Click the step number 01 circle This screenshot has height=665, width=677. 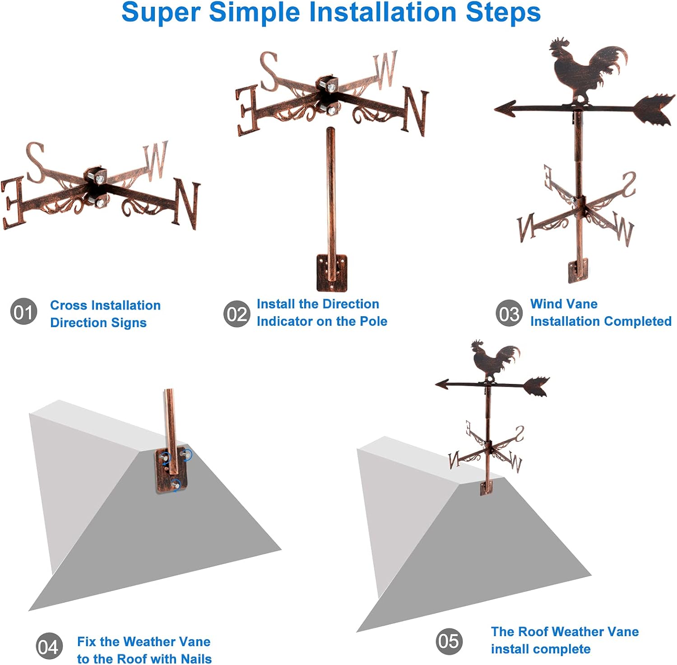23,311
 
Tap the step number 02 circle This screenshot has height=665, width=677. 236,314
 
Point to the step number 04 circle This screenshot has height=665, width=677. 49,646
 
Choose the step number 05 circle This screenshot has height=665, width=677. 449,641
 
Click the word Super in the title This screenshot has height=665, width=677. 161,13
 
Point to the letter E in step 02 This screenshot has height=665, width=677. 248,111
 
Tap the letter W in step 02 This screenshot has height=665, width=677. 385,69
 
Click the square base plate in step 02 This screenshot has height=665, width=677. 332,272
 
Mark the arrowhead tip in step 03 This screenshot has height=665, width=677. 495,109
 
